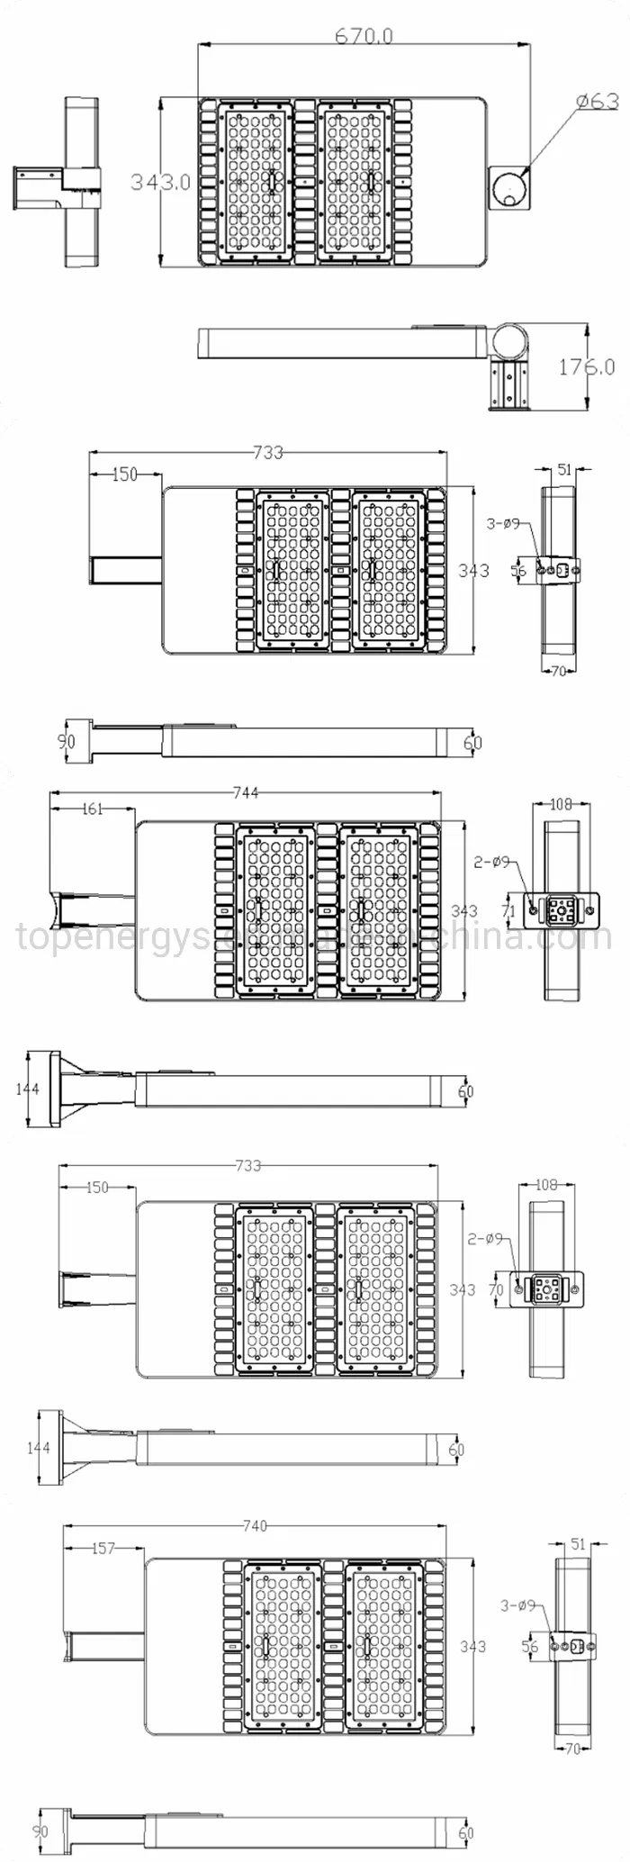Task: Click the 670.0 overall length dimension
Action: [x=364, y=36]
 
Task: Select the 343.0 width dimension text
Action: [x=161, y=181]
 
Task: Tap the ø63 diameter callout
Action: [x=595, y=101]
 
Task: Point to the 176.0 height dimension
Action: [x=587, y=366]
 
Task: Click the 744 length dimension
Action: [x=246, y=792]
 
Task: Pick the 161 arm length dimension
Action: [x=93, y=809]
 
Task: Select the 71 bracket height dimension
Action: [x=508, y=911]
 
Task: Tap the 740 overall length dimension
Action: [x=256, y=1526]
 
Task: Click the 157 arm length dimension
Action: [x=103, y=1548]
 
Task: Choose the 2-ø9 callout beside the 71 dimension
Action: [x=491, y=862]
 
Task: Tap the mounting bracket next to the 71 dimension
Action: [x=562, y=912]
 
